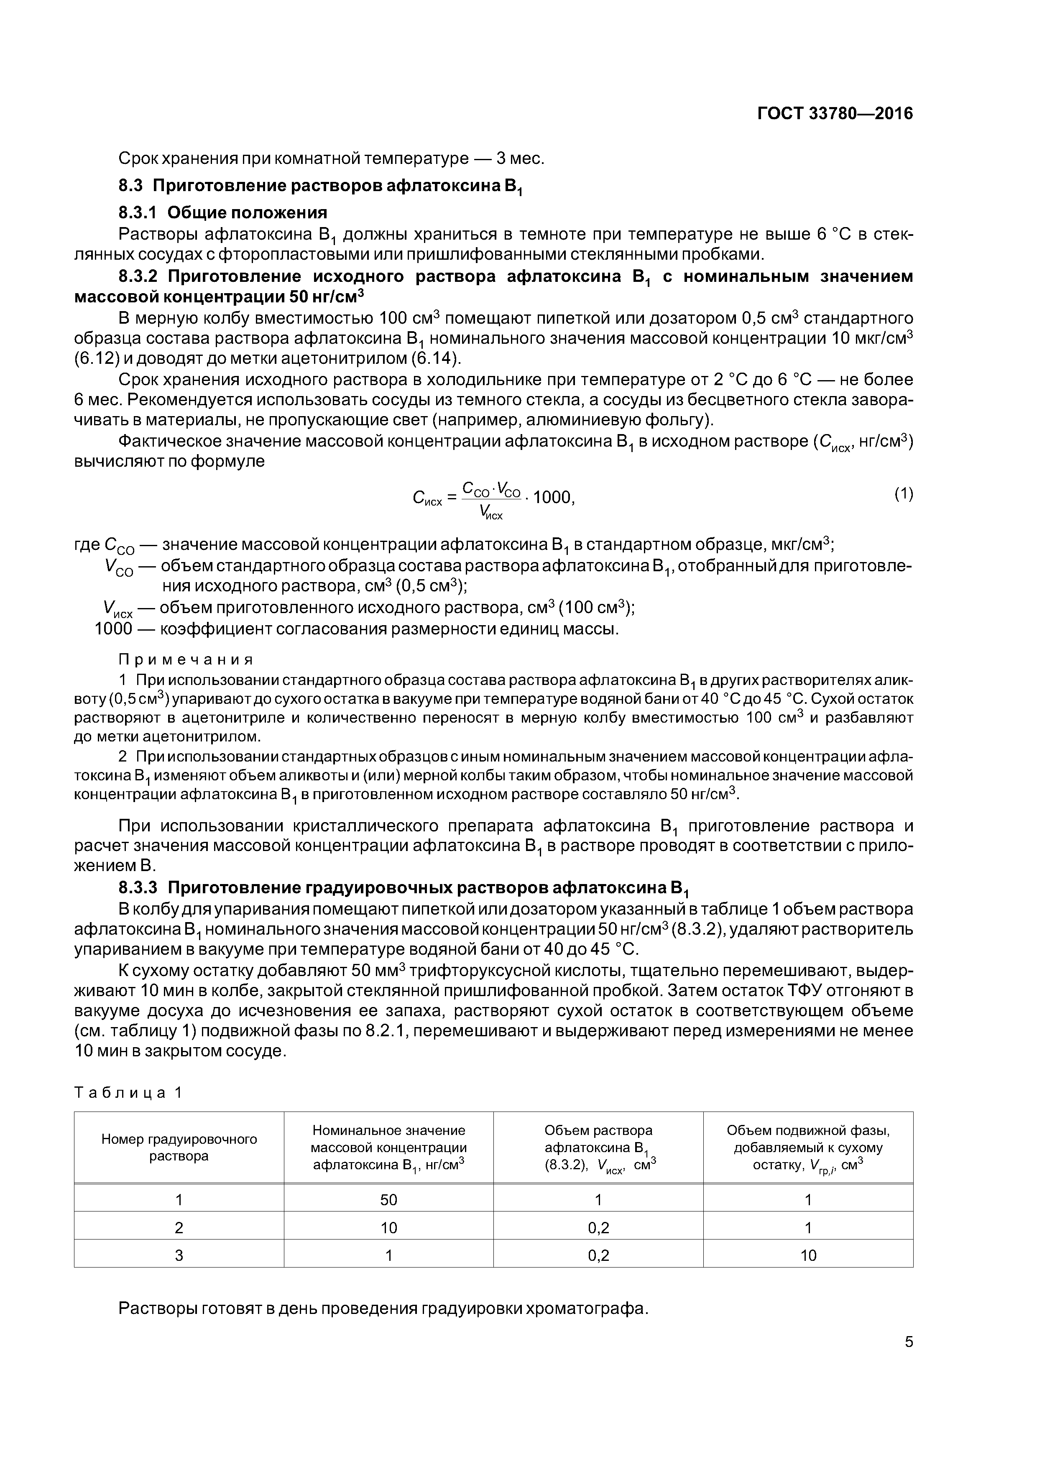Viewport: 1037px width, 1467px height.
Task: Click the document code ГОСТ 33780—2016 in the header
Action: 835,114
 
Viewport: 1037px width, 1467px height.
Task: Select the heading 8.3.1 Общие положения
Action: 223,213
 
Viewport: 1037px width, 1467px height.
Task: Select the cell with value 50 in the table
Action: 388,1200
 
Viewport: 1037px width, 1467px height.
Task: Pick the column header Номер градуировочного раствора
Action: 179,1148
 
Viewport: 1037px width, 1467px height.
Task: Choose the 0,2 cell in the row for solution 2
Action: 598,1227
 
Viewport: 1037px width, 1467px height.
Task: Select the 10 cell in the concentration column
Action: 388,1227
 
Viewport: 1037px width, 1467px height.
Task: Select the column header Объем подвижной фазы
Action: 808,1148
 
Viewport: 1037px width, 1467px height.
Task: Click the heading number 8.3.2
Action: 138,277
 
